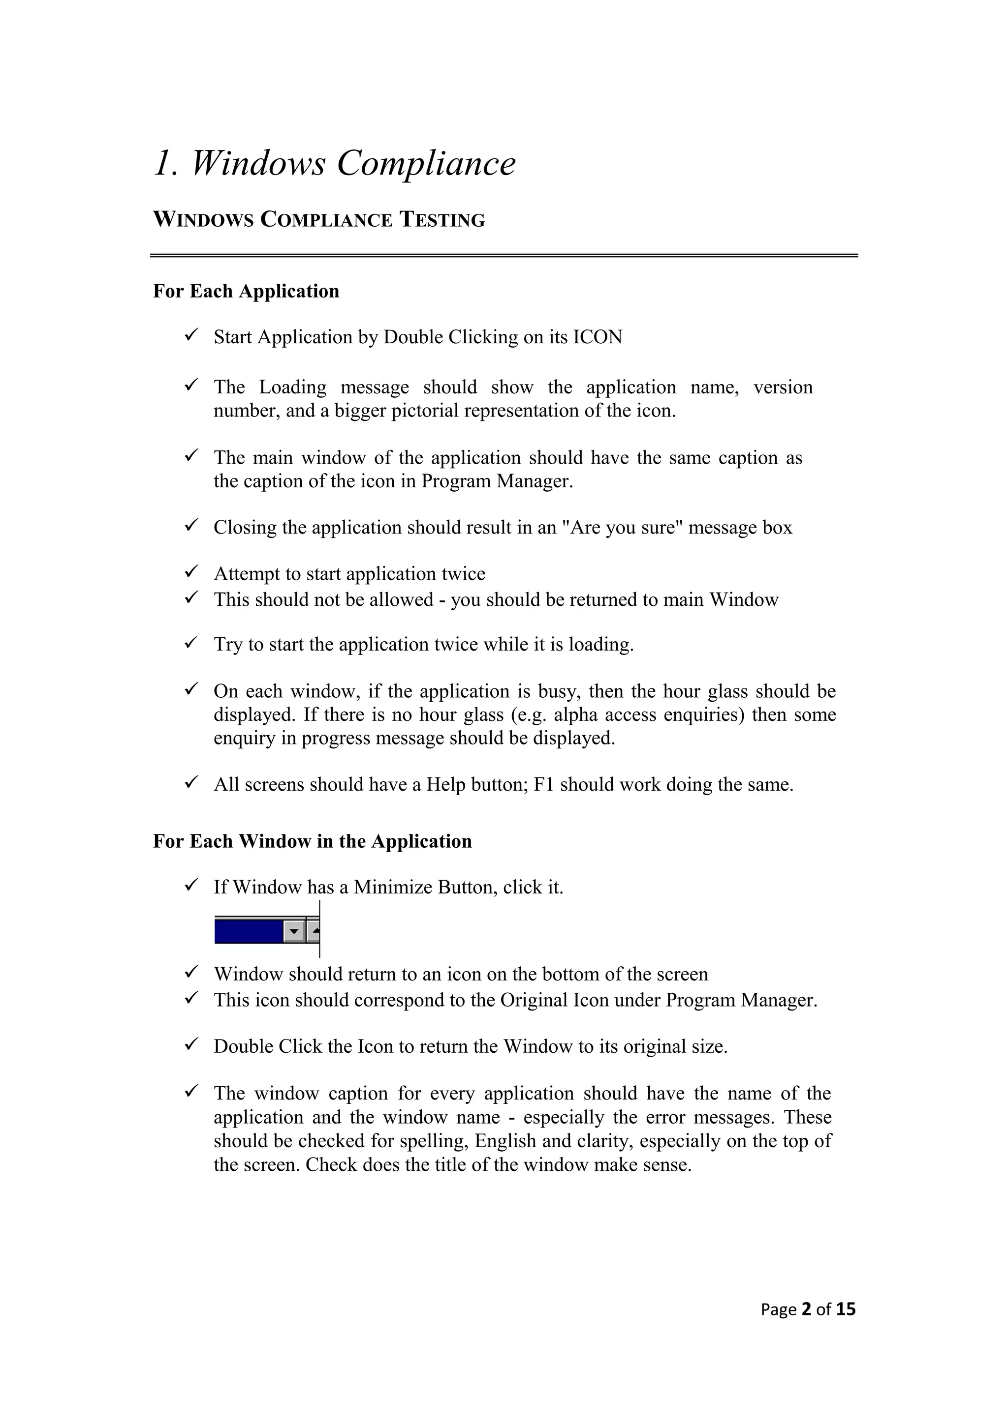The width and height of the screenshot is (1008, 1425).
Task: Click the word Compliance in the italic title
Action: pyautogui.click(x=426, y=164)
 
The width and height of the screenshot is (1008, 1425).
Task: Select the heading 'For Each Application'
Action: pyautogui.click(x=246, y=291)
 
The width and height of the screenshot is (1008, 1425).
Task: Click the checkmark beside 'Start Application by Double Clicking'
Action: pyautogui.click(x=190, y=336)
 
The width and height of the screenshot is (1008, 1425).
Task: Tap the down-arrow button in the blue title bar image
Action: pyautogui.click(x=294, y=931)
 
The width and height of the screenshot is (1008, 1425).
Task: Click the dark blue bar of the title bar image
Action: pyautogui.click(x=247, y=931)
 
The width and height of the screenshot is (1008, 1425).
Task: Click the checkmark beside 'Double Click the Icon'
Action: pyautogui.click(x=190, y=1046)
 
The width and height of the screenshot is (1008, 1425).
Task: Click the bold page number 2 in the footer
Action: pyautogui.click(x=807, y=1309)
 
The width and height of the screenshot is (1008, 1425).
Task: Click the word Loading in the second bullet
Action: pyautogui.click(x=292, y=387)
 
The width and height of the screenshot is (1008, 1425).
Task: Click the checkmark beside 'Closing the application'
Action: pyautogui.click(x=190, y=526)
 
